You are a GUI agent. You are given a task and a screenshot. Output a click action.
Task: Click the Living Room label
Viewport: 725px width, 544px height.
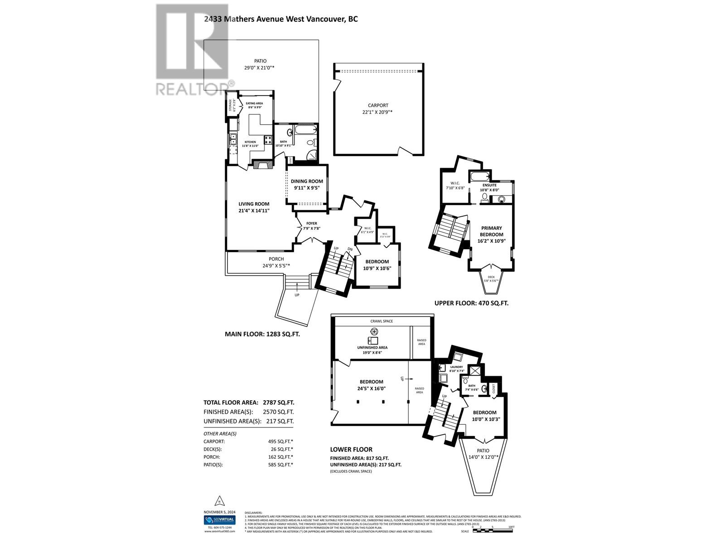click(x=254, y=204)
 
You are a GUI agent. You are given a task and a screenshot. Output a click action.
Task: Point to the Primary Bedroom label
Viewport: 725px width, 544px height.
click(x=491, y=231)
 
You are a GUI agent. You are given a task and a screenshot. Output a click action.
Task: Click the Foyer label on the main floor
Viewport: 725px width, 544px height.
click(x=312, y=223)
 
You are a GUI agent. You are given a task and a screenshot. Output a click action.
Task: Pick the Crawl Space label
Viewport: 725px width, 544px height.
click(x=382, y=321)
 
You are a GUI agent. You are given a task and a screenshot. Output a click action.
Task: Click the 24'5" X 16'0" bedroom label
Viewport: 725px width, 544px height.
click(x=372, y=385)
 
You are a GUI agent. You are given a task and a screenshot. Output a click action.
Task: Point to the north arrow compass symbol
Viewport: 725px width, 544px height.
click(x=219, y=501)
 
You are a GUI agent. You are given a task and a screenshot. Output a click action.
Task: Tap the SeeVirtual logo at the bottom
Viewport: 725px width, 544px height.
click(x=219, y=520)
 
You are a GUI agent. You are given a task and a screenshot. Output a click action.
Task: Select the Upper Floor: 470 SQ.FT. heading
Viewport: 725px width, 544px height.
click(x=471, y=303)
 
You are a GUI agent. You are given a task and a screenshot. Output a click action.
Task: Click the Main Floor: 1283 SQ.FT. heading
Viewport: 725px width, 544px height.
click(x=262, y=334)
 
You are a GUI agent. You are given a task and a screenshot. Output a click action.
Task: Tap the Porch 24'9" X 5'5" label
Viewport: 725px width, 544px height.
click(x=273, y=262)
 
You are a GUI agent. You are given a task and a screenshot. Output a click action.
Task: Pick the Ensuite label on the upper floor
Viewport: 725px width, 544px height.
click(x=489, y=185)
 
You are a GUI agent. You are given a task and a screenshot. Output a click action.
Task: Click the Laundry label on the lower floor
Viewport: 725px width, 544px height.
click(x=456, y=367)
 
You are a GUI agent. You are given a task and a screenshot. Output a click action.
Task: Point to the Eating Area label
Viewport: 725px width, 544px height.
click(x=254, y=103)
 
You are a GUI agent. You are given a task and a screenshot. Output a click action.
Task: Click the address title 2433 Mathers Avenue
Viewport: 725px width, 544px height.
click(x=280, y=19)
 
